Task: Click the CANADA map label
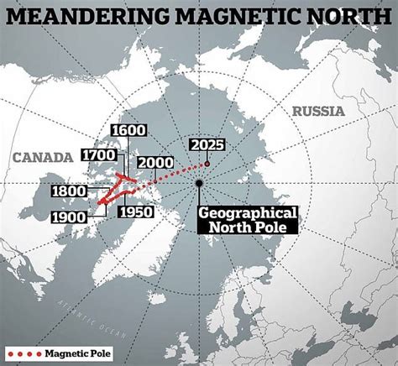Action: point(41,157)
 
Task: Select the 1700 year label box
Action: point(100,154)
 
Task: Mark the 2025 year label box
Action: point(207,144)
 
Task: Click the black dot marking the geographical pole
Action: point(199,182)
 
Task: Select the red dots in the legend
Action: point(22,353)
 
